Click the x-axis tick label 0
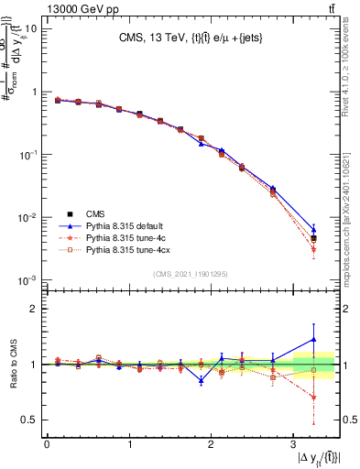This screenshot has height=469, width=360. pos(47,444)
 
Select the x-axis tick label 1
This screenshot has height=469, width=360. pos(128,444)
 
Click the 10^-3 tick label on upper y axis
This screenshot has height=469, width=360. pos(27,279)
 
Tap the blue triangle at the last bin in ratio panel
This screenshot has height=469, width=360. pos(314,340)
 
